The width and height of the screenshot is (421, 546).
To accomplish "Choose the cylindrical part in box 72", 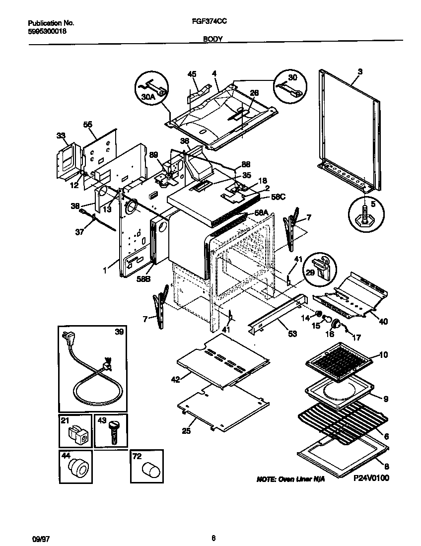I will click(x=147, y=469).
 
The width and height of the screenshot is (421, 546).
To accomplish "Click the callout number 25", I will click(x=186, y=431).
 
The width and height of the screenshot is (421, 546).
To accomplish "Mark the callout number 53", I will click(x=292, y=334).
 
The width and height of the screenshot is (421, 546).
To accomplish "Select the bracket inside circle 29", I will click(x=324, y=270).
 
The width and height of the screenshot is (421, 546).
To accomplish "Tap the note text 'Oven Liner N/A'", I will click(x=290, y=480).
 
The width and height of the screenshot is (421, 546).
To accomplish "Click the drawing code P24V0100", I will click(x=371, y=478).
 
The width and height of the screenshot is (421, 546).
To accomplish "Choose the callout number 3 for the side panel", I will click(x=360, y=71).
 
